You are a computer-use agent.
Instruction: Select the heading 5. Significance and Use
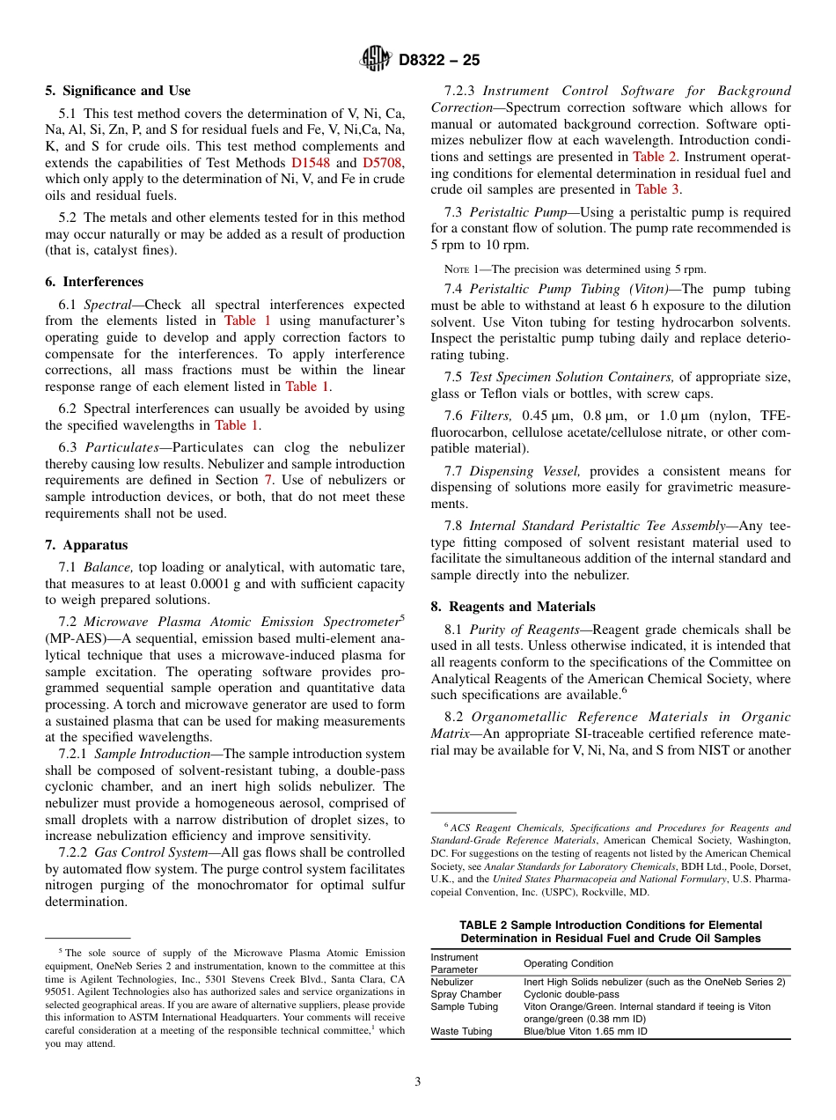tap(117, 91)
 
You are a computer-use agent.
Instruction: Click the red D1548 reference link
tap(307, 163)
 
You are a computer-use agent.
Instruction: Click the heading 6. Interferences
tap(94, 282)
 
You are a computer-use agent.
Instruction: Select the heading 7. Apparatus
tap(86, 545)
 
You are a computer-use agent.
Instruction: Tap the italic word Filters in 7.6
tap(491, 416)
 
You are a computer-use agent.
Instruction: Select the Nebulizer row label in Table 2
tap(451, 982)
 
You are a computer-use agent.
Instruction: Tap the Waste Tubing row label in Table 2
tap(460, 1031)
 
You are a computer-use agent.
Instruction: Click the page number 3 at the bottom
tap(418, 1082)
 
